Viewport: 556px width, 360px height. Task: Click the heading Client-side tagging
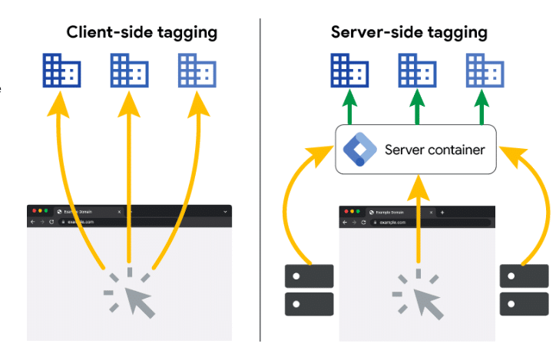[x=141, y=32]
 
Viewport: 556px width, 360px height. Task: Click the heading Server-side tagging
[x=409, y=32]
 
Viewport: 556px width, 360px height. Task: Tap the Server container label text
[x=434, y=149]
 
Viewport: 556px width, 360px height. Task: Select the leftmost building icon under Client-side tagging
[x=61, y=71]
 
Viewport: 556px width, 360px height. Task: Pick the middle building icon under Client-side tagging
[x=129, y=71]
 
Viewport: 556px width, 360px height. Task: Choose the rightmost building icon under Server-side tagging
[x=485, y=71]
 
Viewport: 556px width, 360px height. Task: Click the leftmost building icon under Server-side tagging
[x=349, y=71]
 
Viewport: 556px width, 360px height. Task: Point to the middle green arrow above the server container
[x=417, y=107]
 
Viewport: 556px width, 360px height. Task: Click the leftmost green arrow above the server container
[x=349, y=107]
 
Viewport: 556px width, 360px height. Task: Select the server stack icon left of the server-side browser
[x=309, y=289]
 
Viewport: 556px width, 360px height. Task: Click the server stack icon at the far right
[x=524, y=289]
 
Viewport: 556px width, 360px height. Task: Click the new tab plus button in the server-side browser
[x=442, y=212]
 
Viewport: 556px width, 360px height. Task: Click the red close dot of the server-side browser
[x=346, y=211]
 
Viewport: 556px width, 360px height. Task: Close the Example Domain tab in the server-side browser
[x=432, y=212]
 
